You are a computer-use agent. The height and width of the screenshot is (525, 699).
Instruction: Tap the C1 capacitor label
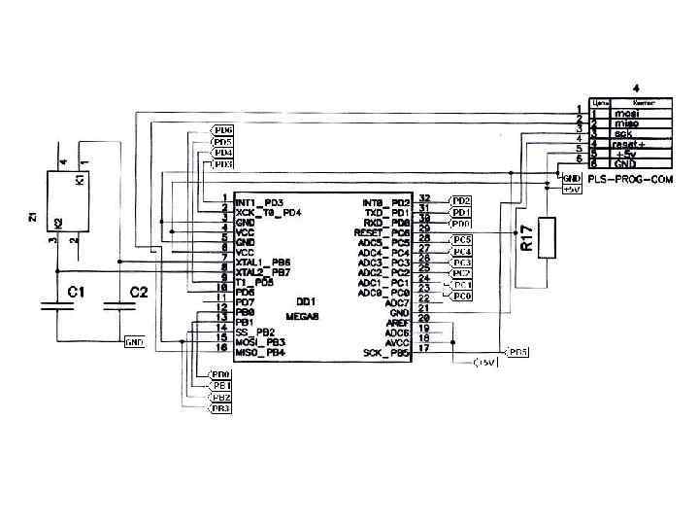(x=76, y=291)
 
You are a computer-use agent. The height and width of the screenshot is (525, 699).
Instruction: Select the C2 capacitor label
(x=139, y=291)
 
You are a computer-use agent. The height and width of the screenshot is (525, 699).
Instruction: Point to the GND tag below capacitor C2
(x=134, y=342)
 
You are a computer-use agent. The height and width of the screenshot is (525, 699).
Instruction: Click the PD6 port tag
(x=223, y=129)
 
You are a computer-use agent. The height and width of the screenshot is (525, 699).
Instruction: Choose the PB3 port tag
(x=221, y=408)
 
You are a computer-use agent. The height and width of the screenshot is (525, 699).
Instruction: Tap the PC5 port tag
(x=462, y=238)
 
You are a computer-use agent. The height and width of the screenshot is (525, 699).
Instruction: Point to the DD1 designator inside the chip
(x=306, y=300)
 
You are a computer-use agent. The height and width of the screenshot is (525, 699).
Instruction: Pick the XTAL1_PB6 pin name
(x=262, y=262)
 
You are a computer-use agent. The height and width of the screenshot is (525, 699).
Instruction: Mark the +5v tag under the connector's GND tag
(x=571, y=190)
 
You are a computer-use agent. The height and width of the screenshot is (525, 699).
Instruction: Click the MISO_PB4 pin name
(x=259, y=352)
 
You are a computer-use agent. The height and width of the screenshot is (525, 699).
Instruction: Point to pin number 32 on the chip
(x=424, y=199)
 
